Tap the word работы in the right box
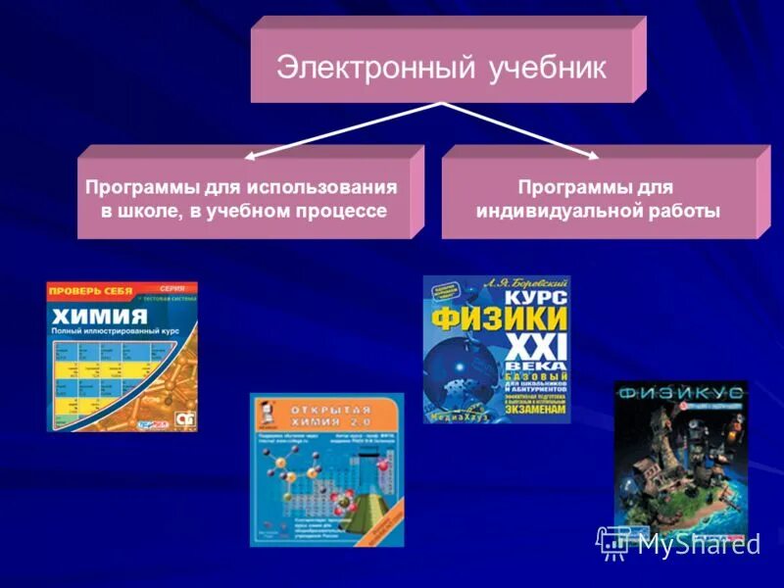coord(682,211)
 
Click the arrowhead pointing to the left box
coord(249,155)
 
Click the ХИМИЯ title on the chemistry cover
coord(99,317)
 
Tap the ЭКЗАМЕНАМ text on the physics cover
coord(529,414)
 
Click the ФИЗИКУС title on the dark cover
coord(680,393)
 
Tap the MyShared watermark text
coord(697,545)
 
